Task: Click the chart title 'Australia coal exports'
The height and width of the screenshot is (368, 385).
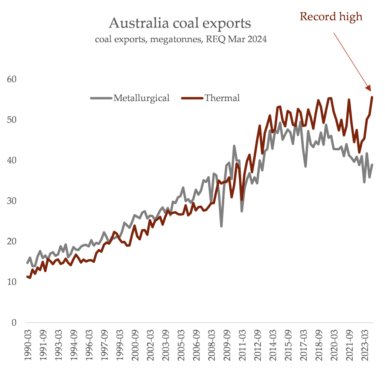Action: tap(180, 23)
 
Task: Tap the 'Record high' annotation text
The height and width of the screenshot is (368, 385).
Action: tap(330, 16)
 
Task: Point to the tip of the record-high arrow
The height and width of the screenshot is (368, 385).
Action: tap(371, 90)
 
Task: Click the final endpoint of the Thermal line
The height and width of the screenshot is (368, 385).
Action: tap(372, 97)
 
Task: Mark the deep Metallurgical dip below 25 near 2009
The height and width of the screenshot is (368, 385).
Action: tap(221, 226)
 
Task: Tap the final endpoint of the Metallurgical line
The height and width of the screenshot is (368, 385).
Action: tap(372, 165)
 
